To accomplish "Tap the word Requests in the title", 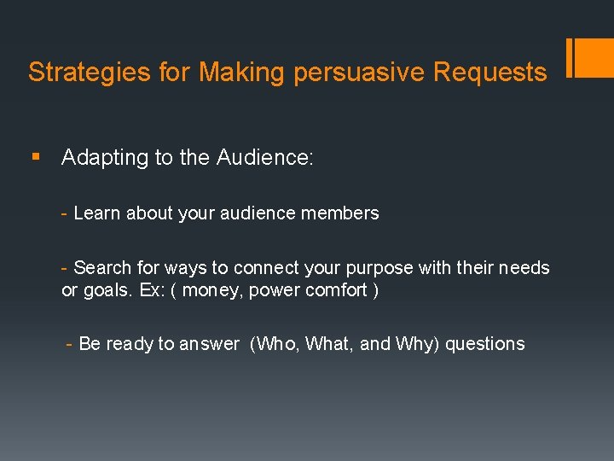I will pos(489,73).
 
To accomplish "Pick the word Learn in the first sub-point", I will pos(97,213).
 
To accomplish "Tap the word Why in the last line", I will pos(415,344).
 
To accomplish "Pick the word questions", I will pos(485,344).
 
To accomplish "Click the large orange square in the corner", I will pos(594,57).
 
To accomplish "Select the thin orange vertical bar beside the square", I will pos(570,57).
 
